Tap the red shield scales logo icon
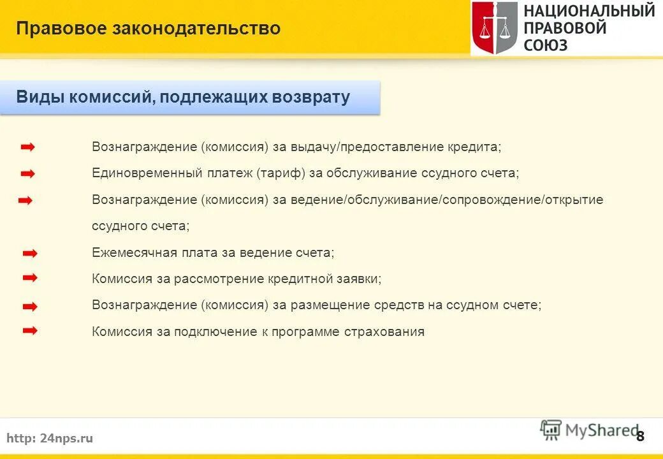click(x=495, y=28)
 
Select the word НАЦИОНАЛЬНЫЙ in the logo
click(x=589, y=11)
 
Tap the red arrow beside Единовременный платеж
click(x=27, y=173)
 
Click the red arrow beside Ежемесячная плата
click(x=29, y=253)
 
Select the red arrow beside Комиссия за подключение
click(x=29, y=331)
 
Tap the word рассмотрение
click(x=219, y=279)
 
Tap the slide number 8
click(x=640, y=436)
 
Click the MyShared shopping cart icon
click(x=550, y=430)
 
